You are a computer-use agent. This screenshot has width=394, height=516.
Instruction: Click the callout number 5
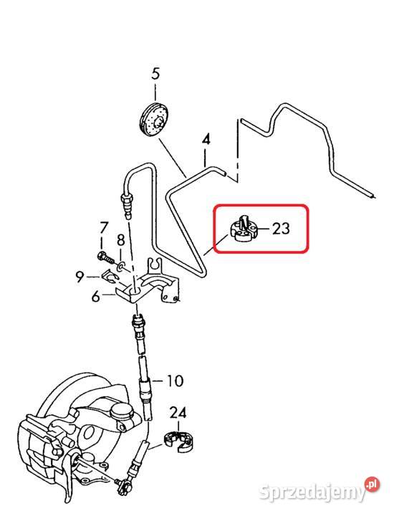tap(155, 73)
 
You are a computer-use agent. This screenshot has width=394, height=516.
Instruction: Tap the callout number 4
tap(206, 140)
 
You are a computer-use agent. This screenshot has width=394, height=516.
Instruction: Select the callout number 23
tap(281, 228)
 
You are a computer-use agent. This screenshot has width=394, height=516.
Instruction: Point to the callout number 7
tap(104, 228)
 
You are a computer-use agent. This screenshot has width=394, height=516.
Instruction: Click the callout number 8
tap(121, 240)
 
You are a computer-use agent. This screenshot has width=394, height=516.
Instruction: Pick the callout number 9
tap(80, 277)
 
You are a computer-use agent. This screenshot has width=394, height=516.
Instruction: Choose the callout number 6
tap(95, 297)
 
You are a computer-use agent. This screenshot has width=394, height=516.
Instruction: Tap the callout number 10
tap(175, 381)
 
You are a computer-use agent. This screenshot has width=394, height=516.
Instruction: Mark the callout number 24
tap(178, 413)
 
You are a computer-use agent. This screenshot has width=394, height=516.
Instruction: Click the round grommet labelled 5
tap(153, 120)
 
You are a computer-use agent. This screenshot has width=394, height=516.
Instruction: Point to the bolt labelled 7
tap(106, 257)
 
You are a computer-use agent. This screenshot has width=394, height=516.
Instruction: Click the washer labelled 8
tap(120, 266)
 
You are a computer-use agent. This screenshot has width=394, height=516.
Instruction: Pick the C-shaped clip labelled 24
tap(178, 441)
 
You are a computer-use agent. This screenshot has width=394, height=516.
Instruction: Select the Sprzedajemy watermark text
tap(312, 492)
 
